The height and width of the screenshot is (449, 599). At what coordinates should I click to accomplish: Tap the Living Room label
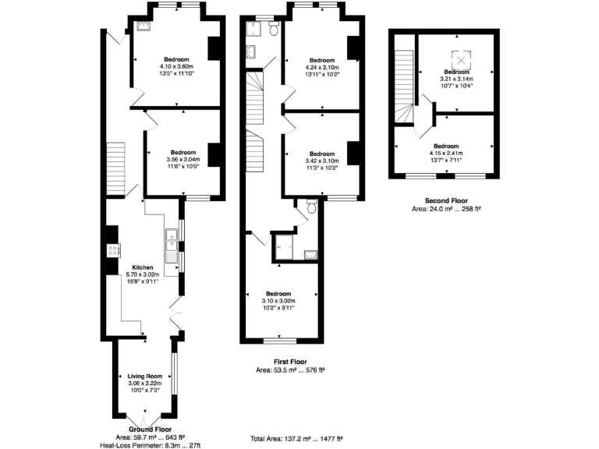[x=143, y=377]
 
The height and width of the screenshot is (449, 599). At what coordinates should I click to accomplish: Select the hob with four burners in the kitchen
[x=112, y=251]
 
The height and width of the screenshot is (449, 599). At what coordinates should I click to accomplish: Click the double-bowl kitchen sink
[x=170, y=243]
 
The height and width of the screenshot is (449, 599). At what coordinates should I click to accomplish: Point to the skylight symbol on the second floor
[x=463, y=60]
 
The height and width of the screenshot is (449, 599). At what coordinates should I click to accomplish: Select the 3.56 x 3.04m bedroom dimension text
[x=183, y=160]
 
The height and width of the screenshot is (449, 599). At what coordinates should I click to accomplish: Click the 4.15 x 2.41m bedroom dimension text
[x=446, y=154]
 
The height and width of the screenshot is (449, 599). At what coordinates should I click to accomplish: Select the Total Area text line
[x=296, y=440]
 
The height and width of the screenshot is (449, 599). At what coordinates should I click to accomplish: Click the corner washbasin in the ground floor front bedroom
[x=142, y=26]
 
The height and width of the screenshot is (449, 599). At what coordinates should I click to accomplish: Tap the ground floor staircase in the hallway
[x=115, y=161]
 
